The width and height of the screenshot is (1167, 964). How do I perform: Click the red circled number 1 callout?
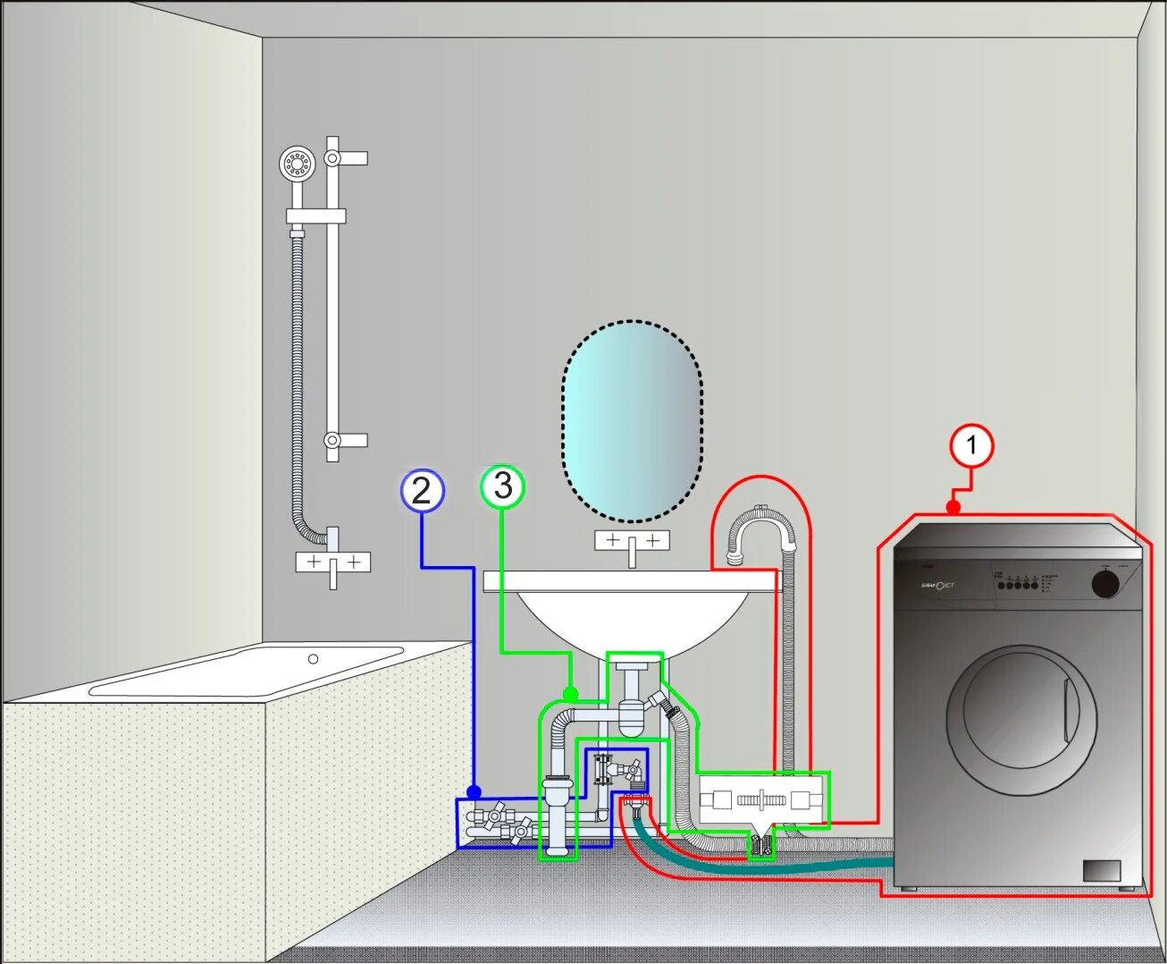coord(971,445)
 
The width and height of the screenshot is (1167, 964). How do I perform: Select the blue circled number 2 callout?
coord(422,490)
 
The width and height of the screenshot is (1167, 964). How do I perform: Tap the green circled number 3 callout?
coord(503,486)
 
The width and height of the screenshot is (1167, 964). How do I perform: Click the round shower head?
coord(297,164)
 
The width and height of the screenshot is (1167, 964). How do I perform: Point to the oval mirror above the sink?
coord(633,420)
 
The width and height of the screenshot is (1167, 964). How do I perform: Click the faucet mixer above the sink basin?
coord(633,542)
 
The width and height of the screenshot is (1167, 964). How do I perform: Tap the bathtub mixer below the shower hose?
coord(332,562)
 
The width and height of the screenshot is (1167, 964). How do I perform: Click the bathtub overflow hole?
coord(313,659)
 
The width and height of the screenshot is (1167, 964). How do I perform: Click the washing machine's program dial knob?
coord(1105,583)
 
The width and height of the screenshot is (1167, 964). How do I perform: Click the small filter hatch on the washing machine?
coord(1102,871)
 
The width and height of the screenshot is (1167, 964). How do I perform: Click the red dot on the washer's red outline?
coord(953,508)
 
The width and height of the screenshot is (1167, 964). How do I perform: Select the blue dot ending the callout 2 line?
coord(474,792)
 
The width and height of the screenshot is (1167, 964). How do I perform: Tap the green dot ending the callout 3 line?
coord(570,693)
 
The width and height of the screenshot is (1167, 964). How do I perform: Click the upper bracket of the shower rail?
coord(334,158)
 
